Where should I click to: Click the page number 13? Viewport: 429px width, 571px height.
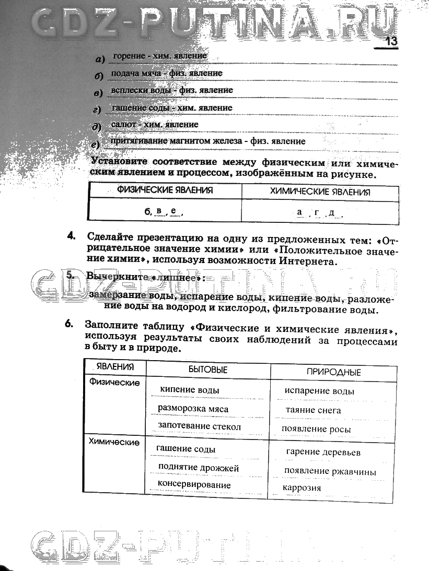click(391, 41)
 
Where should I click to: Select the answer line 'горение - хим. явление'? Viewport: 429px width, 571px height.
click(160, 56)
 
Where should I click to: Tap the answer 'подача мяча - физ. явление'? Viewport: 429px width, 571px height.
click(167, 74)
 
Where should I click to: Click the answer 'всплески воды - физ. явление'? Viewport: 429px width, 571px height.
click(172, 90)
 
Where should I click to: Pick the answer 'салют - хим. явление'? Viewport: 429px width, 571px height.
click(155, 125)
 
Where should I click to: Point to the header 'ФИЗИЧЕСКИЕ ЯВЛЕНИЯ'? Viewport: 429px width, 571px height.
click(165, 191)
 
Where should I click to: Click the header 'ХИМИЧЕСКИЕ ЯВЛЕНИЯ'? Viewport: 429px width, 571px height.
click(320, 192)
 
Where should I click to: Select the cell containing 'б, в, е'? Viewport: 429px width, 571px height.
click(164, 211)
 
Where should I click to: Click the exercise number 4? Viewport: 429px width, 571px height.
click(72, 236)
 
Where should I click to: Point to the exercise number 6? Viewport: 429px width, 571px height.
click(68, 324)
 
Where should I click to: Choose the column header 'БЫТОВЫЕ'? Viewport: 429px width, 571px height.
click(208, 370)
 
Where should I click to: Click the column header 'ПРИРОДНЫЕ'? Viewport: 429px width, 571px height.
click(333, 372)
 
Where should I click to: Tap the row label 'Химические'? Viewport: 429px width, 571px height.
click(114, 442)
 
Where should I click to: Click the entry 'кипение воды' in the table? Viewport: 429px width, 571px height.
click(190, 390)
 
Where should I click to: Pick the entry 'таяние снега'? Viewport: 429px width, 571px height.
click(313, 410)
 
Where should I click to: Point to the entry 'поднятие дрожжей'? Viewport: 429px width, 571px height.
click(199, 468)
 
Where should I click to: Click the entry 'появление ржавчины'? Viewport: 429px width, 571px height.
click(330, 471)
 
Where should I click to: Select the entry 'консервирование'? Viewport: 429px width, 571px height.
click(194, 485)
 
